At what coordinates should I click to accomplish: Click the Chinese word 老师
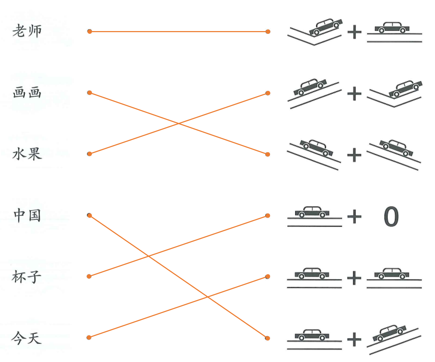27,31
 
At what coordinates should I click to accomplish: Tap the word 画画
27,93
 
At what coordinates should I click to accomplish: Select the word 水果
27,154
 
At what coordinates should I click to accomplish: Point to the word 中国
27,215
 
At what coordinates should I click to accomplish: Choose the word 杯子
26,277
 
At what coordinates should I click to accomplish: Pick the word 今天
26,338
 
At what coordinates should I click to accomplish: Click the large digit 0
391,216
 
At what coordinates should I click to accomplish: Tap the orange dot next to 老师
90,31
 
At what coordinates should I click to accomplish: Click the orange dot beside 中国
90,215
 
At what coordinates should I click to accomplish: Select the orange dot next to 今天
89,338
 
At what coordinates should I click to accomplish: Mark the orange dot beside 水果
90,154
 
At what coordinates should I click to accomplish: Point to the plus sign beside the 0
354,216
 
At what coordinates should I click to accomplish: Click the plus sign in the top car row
354,32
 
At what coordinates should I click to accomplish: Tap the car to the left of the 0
312,212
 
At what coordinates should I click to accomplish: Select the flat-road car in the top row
392,27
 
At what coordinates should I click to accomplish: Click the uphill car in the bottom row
390,333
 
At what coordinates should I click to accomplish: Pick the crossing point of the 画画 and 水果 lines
179,124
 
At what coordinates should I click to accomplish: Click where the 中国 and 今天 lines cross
207,296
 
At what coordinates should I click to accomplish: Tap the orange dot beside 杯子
89,277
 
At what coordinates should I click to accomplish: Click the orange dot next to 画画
90,93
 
